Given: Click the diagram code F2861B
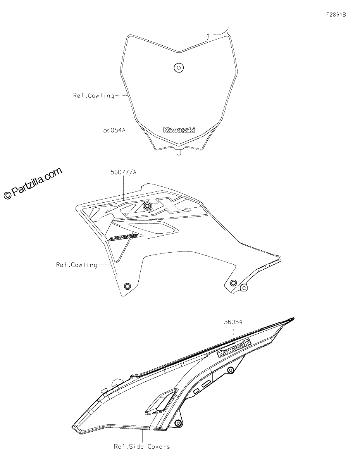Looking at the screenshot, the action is (x=336, y=15).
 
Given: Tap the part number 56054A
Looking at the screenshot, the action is (x=114, y=130).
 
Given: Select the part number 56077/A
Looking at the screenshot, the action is (x=123, y=172).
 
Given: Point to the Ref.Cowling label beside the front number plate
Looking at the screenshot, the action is (x=93, y=95).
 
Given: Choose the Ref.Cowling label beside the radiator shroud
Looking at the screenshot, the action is (x=77, y=265).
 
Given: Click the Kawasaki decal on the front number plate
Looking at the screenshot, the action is (x=179, y=130).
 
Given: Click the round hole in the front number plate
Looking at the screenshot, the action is (x=179, y=68).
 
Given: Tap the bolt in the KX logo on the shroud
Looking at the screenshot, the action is (x=147, y=206).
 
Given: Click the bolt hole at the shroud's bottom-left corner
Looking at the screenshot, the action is (x=127, y=286).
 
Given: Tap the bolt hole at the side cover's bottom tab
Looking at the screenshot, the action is (x=177, y=422).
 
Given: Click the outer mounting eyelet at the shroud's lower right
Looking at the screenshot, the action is (x=244, y=288).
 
